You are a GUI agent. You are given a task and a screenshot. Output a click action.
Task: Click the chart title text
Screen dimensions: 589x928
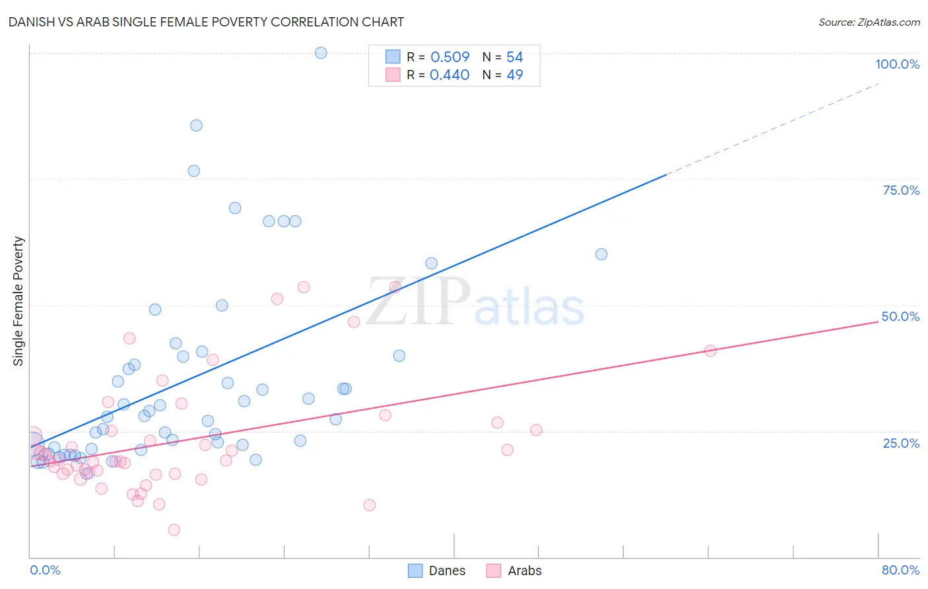click(x=206, y=22)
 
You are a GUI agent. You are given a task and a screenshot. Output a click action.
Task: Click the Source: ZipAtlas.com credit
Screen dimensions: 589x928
click(x=869, y=22)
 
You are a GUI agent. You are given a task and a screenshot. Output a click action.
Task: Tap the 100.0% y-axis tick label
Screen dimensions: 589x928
click(x=897, y=64)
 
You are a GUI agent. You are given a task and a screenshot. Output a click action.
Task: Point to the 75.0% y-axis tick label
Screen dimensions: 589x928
click(x=901, y=190)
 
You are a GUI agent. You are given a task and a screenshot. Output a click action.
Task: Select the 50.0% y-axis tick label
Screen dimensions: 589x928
click(x=900, y=316)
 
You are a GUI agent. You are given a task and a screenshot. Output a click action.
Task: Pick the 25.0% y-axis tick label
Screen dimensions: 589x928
click(x=901, y=442)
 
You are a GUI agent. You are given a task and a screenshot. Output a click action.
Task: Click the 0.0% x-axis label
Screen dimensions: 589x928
click(x=45, y=570)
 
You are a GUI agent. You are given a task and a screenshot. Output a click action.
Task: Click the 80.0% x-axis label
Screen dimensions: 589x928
click(x=900, y=570)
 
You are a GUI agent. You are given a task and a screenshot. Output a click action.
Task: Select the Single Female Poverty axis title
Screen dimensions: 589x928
click(x=18, y=301)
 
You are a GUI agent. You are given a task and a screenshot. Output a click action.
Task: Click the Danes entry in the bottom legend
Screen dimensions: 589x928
click(x=446, y=571)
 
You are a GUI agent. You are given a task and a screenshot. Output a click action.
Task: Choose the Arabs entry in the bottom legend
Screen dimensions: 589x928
click(x=524, y=571)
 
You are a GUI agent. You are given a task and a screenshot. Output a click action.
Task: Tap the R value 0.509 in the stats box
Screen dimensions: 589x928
click(x=450, y=57)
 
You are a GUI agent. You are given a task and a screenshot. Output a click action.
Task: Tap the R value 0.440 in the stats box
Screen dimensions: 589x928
click(x=449, y=75)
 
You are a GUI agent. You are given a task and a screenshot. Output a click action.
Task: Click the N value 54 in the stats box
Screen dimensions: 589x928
click(x=515, y=57)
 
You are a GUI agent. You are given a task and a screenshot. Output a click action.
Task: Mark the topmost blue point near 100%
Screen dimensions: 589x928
click(x=321, y=53)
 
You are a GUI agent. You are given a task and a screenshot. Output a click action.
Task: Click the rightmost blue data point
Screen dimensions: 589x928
click(x=601, y=254)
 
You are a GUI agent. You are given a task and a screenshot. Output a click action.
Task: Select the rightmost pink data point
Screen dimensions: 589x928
click(x=710, y=351)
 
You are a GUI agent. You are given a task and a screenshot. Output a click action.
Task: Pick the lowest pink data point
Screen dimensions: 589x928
click(x=174, y=530)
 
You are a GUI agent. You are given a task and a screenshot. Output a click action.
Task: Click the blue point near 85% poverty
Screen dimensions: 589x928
click(x=196, y=125)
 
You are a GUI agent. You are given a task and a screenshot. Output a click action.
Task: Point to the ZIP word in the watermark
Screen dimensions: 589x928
click(x=418, y=302)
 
